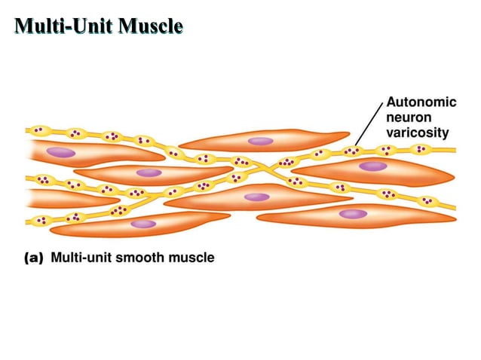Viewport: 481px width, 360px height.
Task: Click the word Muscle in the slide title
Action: (x=148, y=27)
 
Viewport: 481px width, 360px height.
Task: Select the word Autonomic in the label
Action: (x=421, y=103)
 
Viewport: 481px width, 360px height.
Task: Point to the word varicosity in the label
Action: (x=417, y=133)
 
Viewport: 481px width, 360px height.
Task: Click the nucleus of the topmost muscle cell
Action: (x=261, y=141)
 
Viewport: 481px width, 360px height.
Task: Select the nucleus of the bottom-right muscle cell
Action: (x=351, y=214)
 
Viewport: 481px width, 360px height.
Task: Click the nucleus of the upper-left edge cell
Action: (x=60, y=152)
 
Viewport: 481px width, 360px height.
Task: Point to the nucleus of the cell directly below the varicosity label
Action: (x=371, y=166)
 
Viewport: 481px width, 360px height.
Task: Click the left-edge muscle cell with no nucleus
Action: (x=53, y=199)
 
